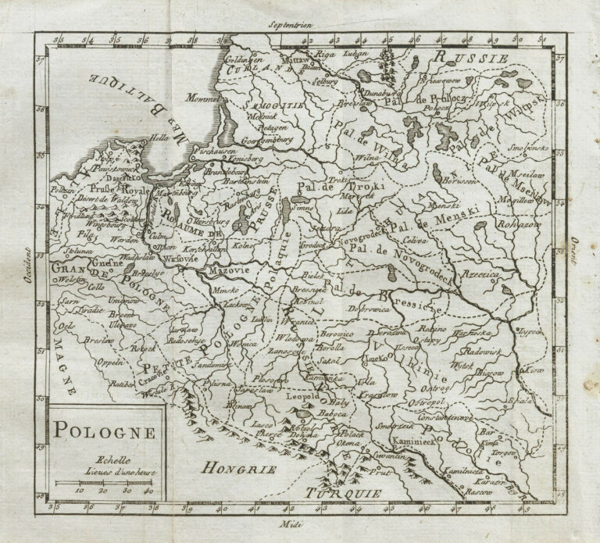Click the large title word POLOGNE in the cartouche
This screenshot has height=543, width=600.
pos(104,430)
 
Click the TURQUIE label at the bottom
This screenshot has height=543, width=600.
pos(343,493)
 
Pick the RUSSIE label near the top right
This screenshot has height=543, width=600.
pos(472,56)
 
